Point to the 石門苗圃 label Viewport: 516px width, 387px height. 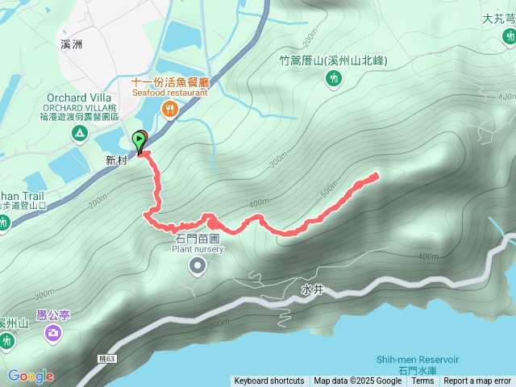click(x=198, y=239)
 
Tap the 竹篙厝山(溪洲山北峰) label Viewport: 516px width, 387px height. click(x=334, y=60)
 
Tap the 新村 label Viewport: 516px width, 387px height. click(x=117, y=160)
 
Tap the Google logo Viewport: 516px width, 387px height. click(x=31, y=376)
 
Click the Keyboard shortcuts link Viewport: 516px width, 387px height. click(x=269, y=381)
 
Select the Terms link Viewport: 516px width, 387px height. click(x=422, y=381)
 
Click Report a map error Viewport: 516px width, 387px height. click(x=478, y=381)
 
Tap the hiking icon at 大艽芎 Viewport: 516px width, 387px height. click(x=509, y=37)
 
